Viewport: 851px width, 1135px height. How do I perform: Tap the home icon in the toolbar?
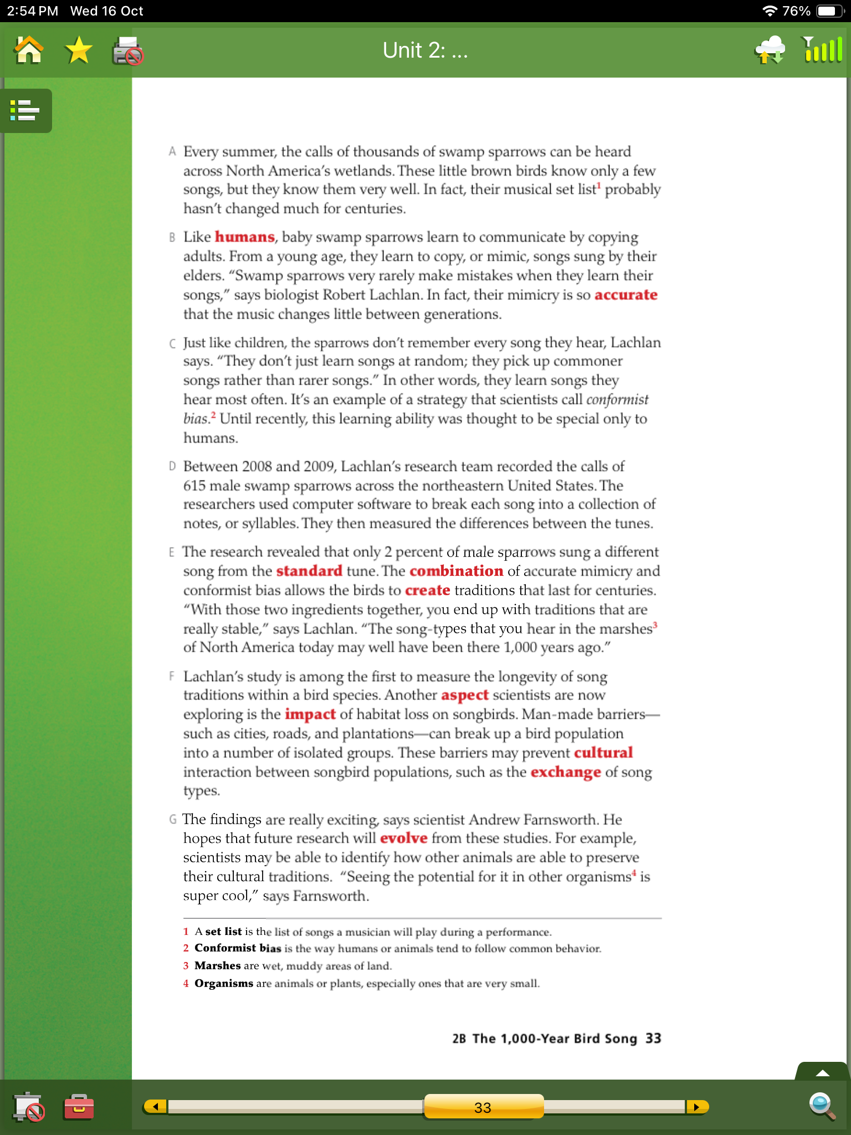click(x=29, y=50)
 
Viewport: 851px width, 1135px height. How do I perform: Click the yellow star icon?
click(x=78, y=50)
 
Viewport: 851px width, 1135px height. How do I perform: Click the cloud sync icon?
click(x=770, y=50)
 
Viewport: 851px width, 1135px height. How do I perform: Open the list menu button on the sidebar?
click(x=25, y=110)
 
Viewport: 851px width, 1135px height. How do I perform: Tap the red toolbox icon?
click(x=79, y=1107)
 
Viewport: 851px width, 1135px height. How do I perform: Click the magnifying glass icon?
click(x=822, y=1106)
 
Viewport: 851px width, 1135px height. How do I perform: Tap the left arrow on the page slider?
click(x=156, y=1107)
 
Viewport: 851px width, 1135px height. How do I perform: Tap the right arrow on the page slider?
click(x=696, y=1107)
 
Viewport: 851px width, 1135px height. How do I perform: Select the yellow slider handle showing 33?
click(x=483, y=1107)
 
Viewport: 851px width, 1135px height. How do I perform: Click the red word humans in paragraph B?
click(x=244, y=237)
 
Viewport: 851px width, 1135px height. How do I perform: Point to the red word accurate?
click(x=626, y=295)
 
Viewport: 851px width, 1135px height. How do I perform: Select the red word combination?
click(x=456, y=571)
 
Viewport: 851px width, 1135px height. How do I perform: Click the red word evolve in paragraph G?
click(x=403, y=838)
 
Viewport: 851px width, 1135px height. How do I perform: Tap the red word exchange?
click(x=565, y=772)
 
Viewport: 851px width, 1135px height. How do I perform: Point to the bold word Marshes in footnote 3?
click(x=217, y=965)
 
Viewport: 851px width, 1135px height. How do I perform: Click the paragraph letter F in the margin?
click(x=172, y=676)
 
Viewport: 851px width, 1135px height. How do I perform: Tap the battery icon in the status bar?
click(x=829, y=11)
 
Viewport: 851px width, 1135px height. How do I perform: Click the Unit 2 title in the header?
click(x=425, y=50)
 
